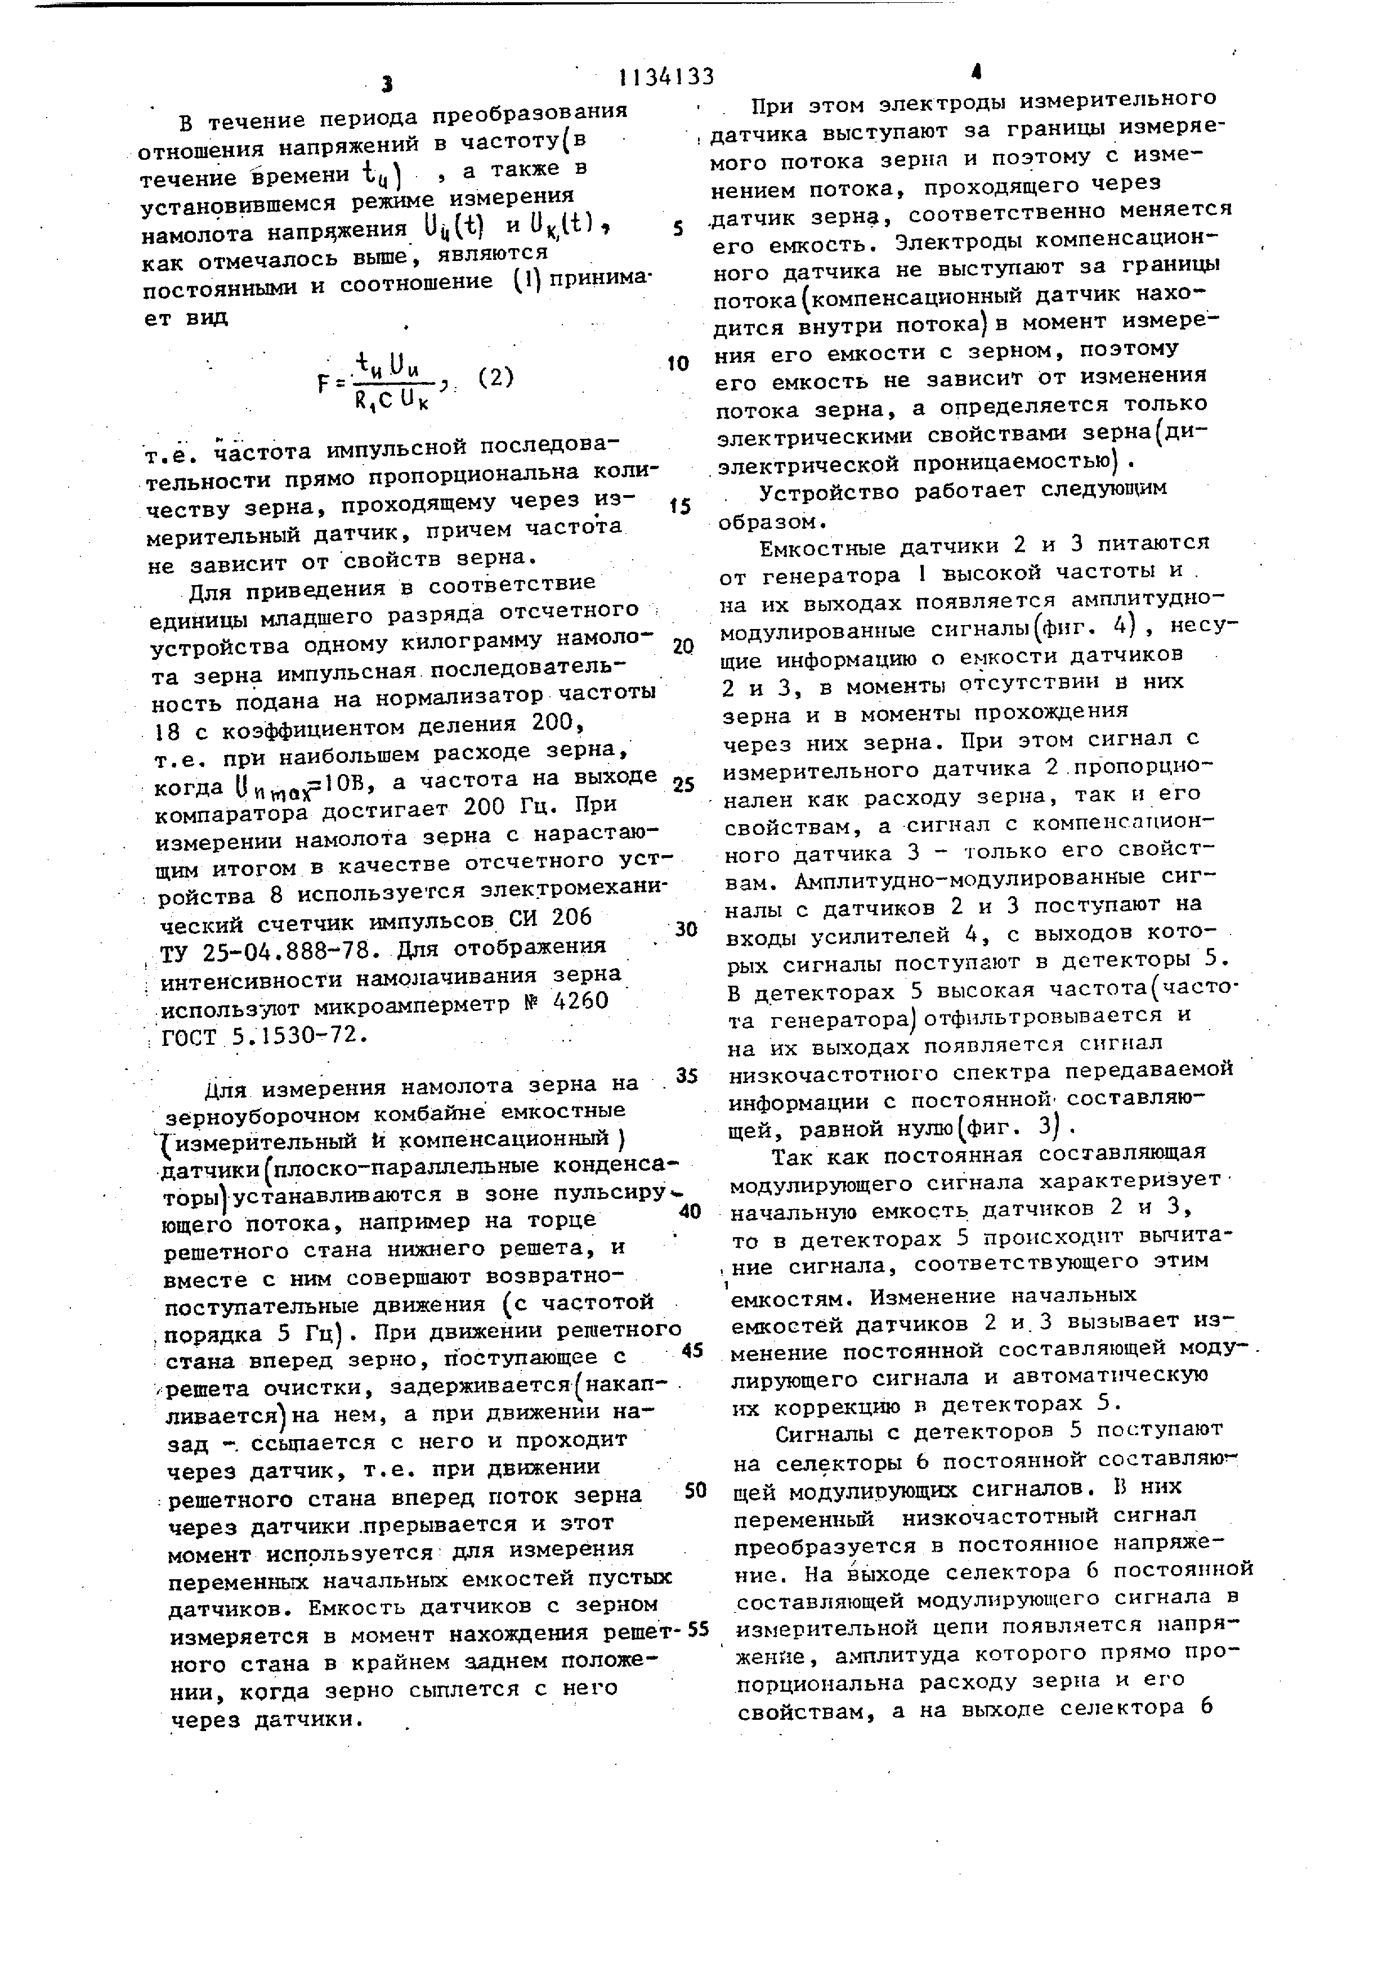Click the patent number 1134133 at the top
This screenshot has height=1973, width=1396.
[x=666, y=78]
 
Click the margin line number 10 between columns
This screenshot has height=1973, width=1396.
[x=677, y=363]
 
